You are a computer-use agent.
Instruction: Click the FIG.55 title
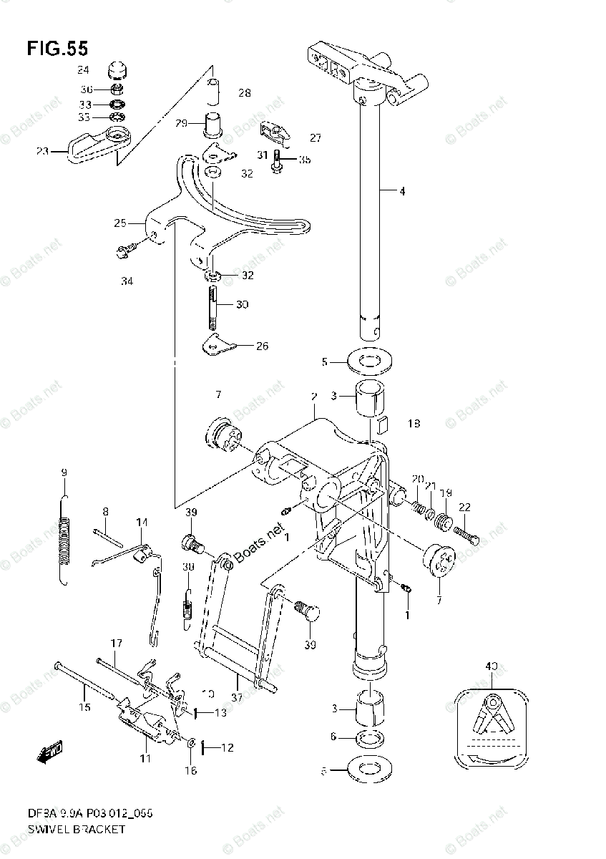(x=58, y=49)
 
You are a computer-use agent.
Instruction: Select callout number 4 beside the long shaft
(x=403, y=191)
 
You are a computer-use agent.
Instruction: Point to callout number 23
(x=42, y=151)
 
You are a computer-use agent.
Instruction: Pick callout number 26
(x=262, y=346)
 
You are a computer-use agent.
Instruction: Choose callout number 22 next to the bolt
(x=464, y=507)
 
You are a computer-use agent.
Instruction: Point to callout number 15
(x=84, y=708)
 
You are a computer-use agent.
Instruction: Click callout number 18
(x=414, y=424)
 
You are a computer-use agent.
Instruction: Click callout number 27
(x=295, y=137)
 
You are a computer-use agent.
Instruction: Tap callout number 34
(x=127, y=281)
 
